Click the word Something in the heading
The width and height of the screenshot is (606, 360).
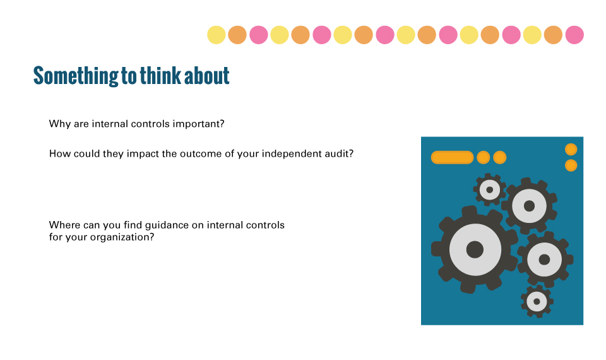76,76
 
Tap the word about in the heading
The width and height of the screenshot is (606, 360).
207,75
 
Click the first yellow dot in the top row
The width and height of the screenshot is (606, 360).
217,35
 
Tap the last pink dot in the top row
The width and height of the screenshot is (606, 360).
574,35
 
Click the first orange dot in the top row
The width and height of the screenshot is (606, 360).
237,35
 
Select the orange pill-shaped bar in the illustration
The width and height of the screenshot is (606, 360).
452,157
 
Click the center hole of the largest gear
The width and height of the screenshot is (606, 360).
475,249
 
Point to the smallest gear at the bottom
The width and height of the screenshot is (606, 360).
537,301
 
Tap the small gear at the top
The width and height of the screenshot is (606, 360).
490,190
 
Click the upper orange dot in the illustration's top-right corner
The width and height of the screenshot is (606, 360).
571,149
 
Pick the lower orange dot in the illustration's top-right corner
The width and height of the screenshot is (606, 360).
571,165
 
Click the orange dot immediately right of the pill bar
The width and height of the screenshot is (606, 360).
484,157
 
